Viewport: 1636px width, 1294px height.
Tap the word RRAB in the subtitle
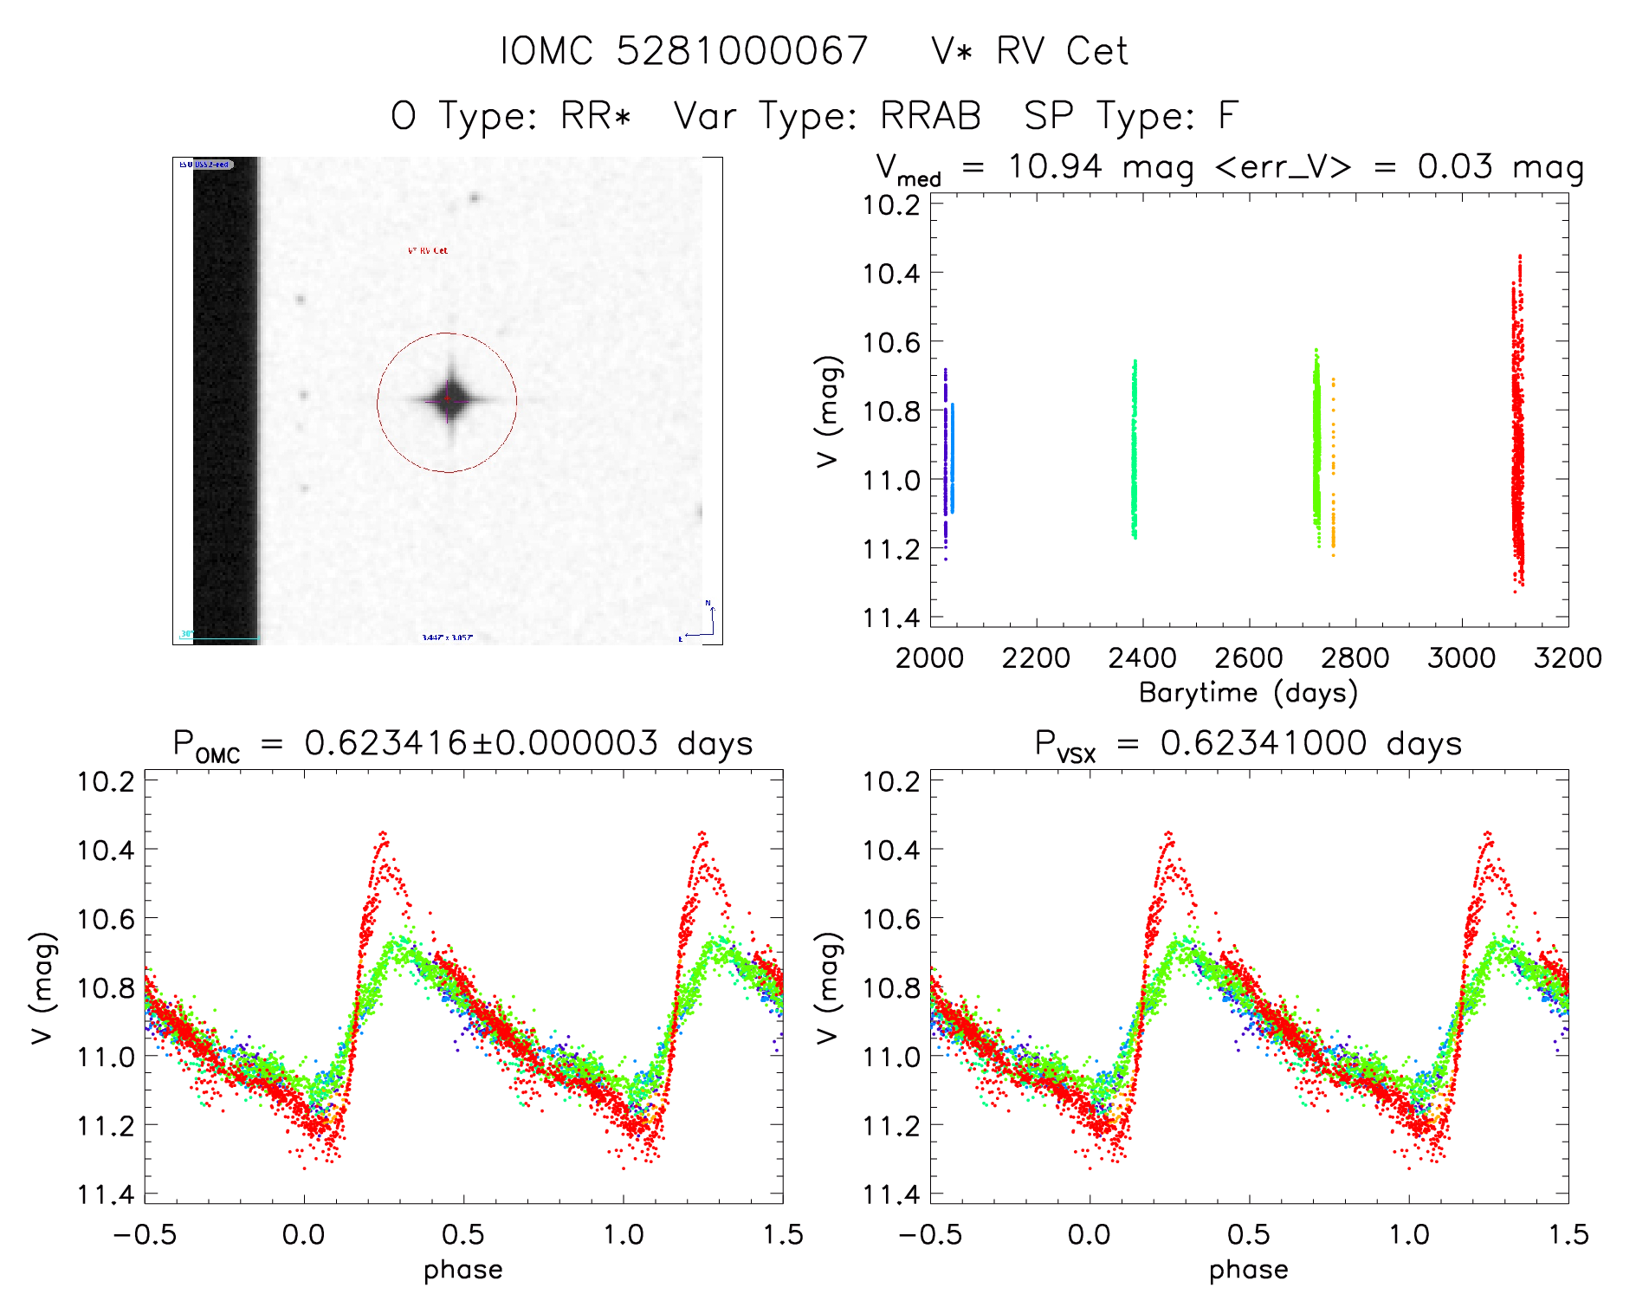click(x=930, y=116)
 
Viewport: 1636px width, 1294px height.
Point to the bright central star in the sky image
click(x=449, y=399)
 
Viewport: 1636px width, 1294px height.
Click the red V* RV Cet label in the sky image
click(x=428, y=250)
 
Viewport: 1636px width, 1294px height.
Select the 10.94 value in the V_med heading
click(x=1055, y=166)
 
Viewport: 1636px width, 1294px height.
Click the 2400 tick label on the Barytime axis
click(x=1141, y=658)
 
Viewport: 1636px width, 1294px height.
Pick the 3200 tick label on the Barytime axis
click(x=1568, y=658)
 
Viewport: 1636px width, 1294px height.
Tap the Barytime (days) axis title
click(x=1248, y=693)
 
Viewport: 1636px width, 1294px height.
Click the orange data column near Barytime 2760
click(x=1333, y=468)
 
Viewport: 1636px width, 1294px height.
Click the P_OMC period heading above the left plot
click(x=462, y=744)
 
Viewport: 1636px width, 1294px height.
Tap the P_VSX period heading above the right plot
click(x=1248, y=744)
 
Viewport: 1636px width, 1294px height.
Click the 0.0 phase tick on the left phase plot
click(x=303, y=1234)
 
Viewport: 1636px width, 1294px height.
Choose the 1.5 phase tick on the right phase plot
click(x=1568, y=1234)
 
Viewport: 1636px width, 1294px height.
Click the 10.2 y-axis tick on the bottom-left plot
click(x=106, y=781)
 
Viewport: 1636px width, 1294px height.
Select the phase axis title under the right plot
click(x=1248, y=1270)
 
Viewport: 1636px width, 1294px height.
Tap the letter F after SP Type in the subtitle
click(x=1228, y=116)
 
